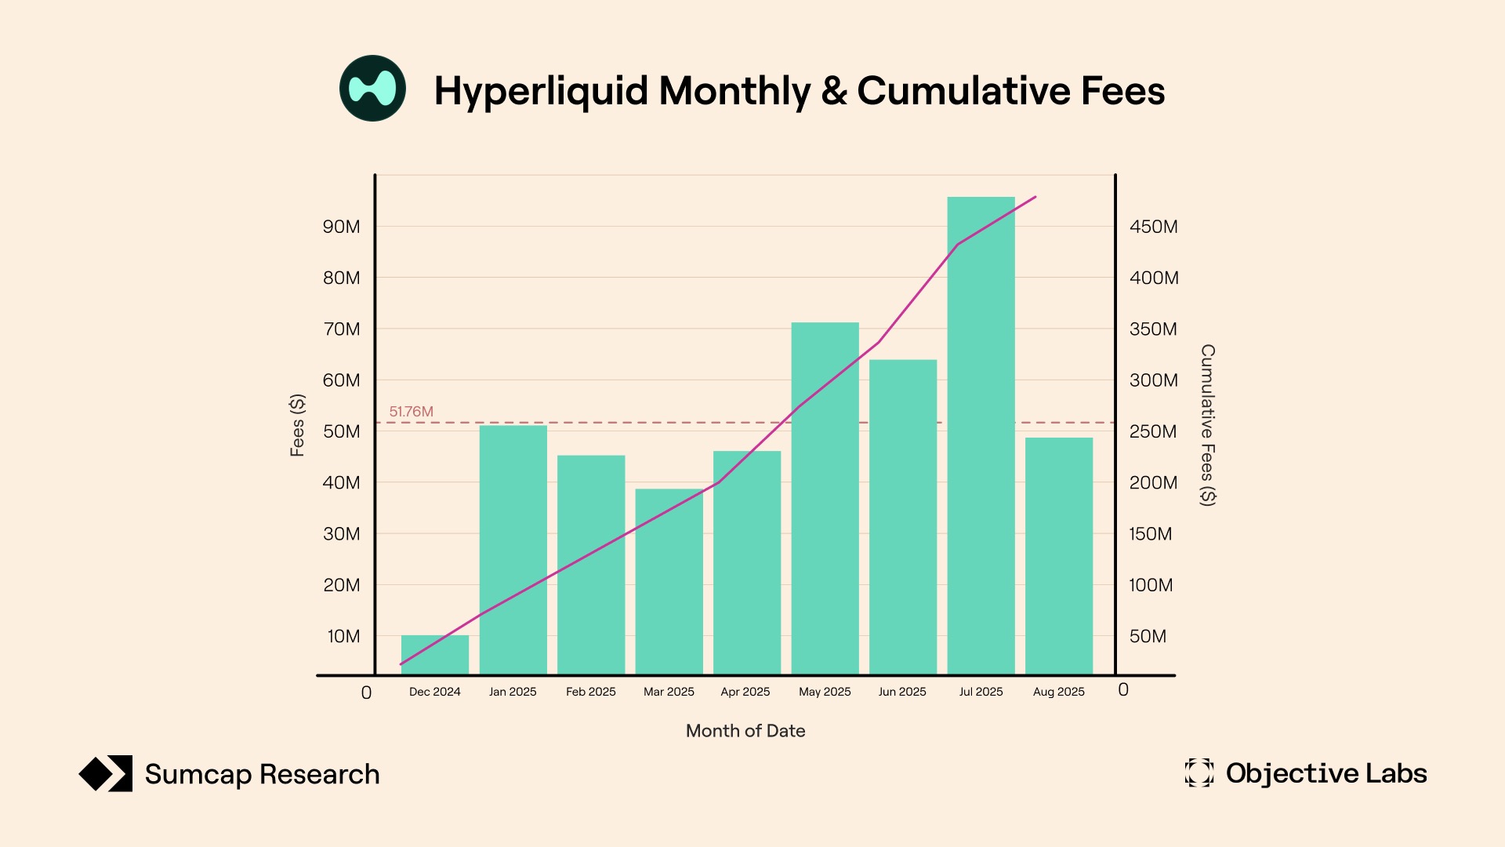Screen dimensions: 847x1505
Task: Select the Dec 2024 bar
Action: [x=435, y=655]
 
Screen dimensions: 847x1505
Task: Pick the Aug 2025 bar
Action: [x=1059, y=556]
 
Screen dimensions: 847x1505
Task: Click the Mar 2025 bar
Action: [x=669, y=581]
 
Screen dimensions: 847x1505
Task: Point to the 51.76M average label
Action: [x=411, y=412]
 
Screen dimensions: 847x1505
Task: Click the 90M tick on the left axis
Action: [x=342, y=227]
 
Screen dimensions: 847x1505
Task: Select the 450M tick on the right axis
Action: [x=1153, y=227]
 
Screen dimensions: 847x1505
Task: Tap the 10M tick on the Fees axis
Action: [x=343, y=636]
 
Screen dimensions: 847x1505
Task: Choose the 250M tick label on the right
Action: [x=1153, y=431]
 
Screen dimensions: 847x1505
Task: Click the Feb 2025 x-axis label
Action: [x=591, y=692]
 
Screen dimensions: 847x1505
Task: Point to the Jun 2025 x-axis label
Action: [x=902, y=692]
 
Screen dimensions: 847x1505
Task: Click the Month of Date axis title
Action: [x=745, y=731]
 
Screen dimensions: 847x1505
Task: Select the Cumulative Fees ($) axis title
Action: [x=1208, y=425]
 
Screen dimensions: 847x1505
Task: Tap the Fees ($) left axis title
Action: [x=297, y=425]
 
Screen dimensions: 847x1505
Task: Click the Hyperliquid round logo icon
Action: [x=372, y=88]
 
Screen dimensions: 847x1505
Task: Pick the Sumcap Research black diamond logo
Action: [x=106, y=774]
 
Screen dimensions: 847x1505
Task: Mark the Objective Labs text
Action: [x=1326, y=773]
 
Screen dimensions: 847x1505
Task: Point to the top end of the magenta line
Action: [x=1035, y=197]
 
